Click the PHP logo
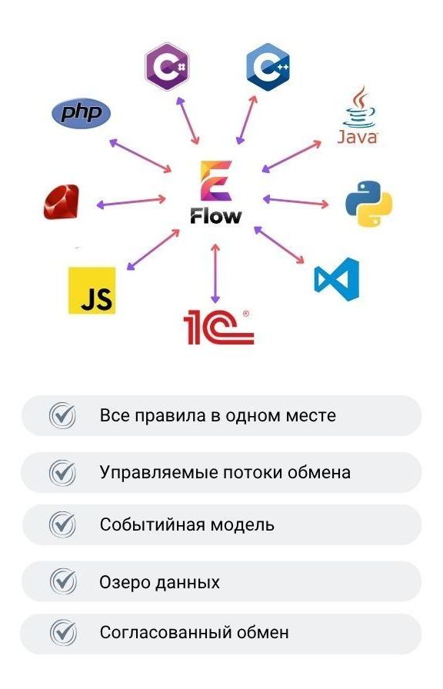pyautogui.click(x=82, y=113)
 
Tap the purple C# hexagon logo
pyautogui.click(x=168, y=67)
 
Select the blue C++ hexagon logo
pyautogui.click(x=268, y=67)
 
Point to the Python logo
pyautogui.click(x=368, y=204)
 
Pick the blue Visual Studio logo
pyautogui.click(x=337, y=279)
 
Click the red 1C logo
pyautogui.click(x=218, y=328)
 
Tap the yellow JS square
pyautogui.click(x=92, y=291)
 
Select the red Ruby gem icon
pyautogui.click(x=62, y=201)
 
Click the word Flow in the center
pyautogui.click(x=216, y=216)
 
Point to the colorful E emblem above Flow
pyautogui.click(x=216, y=181)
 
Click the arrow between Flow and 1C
pyautogui.click(x=215, y=273)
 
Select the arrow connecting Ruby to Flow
pyautogui.click(x=131, y=202)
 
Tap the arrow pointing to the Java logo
pyautogui.click(x=291, y=156)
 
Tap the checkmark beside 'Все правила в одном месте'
pyautogui.click(x=62, y=415)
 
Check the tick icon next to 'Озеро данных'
pyautogui.click(x=62, y=581)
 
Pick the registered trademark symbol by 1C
pyautogui.click(x=245, y=314)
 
